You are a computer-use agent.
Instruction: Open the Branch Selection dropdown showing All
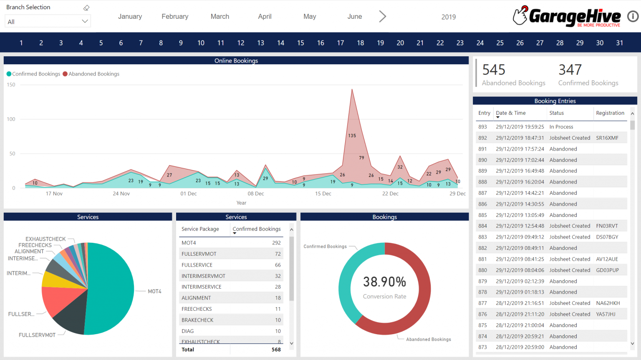48,21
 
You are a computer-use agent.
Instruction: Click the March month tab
220,17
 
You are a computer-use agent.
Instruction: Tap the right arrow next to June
382,17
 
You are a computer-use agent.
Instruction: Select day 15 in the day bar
300,43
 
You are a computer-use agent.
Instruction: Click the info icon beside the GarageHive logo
633,17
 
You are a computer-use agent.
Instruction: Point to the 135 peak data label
352,136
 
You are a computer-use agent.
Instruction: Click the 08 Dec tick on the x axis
256,194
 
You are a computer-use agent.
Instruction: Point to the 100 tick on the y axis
11,119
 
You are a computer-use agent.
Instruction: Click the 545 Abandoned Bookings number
494,70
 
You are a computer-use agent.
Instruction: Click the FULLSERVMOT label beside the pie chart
37,335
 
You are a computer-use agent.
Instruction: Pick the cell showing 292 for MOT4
276,243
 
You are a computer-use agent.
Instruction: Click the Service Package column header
200,229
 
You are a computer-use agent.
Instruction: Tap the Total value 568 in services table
276,350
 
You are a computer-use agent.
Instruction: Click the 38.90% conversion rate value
384,282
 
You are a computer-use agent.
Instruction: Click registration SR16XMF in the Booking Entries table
607,138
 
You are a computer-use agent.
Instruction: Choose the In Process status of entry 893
561,127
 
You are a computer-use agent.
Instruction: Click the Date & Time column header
511,113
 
